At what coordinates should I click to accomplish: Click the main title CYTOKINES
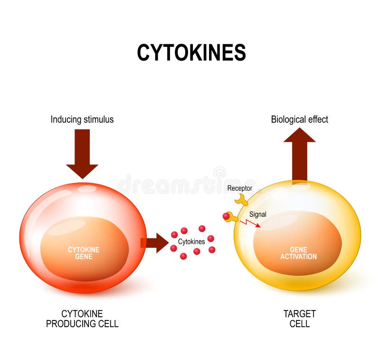(x=191, y=52)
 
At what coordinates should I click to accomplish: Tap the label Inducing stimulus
(x=82, y=119)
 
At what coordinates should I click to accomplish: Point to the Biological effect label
(x=299, y=119)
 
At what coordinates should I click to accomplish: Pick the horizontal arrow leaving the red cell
(x=155, y=243)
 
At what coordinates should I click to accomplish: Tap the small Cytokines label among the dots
(x=191, y=242)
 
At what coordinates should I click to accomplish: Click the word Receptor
(x=239, y=188)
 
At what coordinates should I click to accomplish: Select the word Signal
(x=257, y=214)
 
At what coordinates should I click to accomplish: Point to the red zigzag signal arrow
(x=250, y=223)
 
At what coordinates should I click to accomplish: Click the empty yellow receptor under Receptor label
(x=241, y=200)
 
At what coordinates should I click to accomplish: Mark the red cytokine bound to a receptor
(x=226, y=216)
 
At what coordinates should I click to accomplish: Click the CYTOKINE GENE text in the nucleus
(x=84, y=253)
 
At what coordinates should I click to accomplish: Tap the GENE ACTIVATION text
(x=298, y=253)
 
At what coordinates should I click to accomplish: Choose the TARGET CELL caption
(x=299, y=319)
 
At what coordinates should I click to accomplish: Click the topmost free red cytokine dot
(x=202, y=228)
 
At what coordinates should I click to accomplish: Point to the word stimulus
(x=98, y=119)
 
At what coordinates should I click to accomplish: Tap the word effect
(x=318, y=119)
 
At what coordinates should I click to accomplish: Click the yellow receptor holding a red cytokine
(x=233, y=218)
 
